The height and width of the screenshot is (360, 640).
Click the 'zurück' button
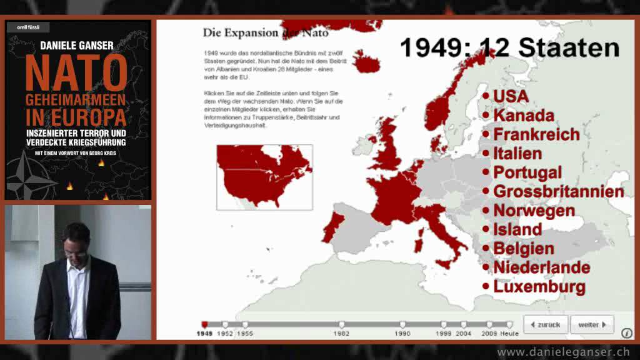[546, 325]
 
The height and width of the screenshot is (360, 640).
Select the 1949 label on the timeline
[204, 334]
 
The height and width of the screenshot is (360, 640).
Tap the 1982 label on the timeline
[341, 334]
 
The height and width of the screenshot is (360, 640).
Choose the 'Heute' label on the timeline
[509, 334]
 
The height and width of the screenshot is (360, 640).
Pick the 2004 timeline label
[463, 334]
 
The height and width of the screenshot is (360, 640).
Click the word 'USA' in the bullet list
[511, 96]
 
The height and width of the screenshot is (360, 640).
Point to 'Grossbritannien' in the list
[558, 191]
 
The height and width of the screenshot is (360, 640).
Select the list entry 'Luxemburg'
[539, 287]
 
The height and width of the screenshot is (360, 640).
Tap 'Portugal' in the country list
[527, 172]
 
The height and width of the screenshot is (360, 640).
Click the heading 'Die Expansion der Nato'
[266, 32]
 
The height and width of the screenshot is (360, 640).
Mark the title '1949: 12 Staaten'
[509, 48]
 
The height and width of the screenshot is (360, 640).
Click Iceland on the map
[366, 61]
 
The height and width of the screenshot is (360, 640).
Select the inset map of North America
[264, 177]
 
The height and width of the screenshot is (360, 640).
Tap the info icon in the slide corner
[626, 333]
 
